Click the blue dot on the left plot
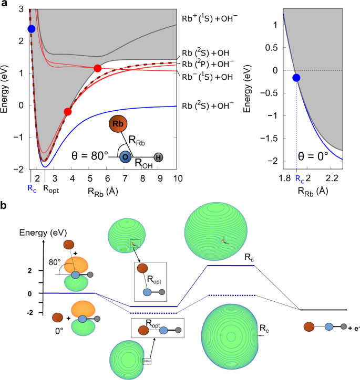click(x=32, y=28)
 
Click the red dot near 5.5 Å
click(x=97, y=68)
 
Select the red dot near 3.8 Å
click(x=67, y=111)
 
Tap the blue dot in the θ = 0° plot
click(x=296, y=78)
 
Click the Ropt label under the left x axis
click(x=50, y=187)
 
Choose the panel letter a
click(x=5, y=5)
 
